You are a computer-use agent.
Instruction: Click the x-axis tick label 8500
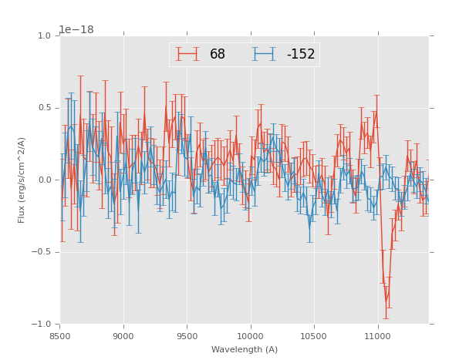(x=60, y=336)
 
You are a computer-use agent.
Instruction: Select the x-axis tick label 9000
(x=123, y=336)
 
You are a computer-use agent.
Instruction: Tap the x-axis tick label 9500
(x=187, y=336)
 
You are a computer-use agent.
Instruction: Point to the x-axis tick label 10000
(x=250, y=336)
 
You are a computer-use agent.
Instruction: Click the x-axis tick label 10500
(x=314, y=336)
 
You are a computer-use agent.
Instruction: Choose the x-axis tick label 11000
(x=377, y=336)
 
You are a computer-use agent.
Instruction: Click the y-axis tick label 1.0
(x=44, y=36)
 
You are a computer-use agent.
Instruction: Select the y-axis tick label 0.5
(x=44, y=108)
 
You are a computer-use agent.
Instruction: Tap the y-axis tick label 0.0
(x=44, y=180)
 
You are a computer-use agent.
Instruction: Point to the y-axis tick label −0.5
(x=42, y=252)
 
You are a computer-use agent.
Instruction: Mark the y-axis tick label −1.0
(x=42, y=324)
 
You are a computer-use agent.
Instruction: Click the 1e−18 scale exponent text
(x=76, y=30)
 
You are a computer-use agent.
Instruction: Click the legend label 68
(x=218, y=55)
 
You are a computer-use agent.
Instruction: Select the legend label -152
(x=300, y=55)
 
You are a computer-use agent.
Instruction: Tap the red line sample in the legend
(x=187, y=55)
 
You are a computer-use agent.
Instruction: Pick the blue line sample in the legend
(x=265, y=55)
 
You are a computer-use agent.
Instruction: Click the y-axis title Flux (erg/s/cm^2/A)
(x=22, y=180)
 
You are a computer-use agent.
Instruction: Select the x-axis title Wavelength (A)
(x=245, y=349)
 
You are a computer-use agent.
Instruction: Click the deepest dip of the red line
(x=387, y=301)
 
